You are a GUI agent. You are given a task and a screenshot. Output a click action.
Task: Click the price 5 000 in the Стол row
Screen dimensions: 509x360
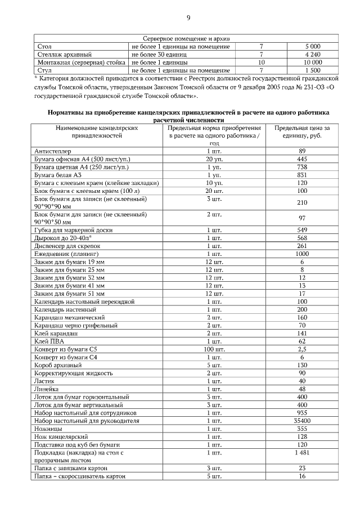(x=313, y=46)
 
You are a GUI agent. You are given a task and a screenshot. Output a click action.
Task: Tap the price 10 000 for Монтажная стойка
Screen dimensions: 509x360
(x=313, y=62)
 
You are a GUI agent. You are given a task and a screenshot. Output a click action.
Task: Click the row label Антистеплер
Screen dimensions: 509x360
(x=51, y=151)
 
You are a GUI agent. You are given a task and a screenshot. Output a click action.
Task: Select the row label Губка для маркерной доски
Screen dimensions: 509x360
(x=73, y=230)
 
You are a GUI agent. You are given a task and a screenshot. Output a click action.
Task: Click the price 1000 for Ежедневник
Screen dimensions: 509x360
(x=302, y=254)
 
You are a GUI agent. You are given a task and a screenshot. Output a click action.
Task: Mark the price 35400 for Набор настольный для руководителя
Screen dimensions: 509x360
(x=302, y=420)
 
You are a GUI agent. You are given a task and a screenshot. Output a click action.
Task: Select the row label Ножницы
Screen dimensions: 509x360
(x=48, y=428)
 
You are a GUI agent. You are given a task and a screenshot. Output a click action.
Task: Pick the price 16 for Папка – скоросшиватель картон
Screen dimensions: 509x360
(x=302, y=476)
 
